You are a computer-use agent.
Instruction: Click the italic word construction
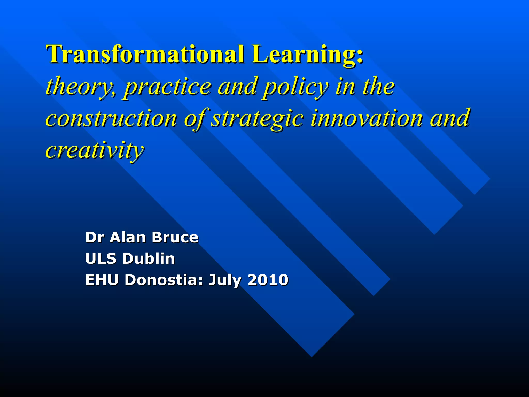(111, 118)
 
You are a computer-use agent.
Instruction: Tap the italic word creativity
(94, 150)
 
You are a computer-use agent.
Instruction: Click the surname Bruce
(175, 237)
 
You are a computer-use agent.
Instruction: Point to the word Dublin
(148, 258)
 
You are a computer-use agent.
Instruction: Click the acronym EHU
(102, 280)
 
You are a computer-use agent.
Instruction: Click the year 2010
(268, 280)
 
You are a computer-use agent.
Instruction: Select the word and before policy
(237, 86)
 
